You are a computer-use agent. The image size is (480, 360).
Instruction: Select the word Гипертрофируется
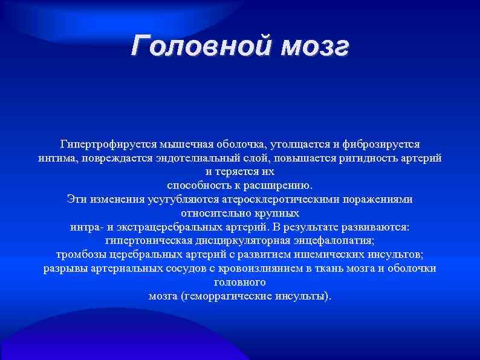tap(108, 145)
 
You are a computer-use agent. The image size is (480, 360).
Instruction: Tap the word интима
tap(54, 158)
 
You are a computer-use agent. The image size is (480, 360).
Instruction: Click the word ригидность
tap(368, 158)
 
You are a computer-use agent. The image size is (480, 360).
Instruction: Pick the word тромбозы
tap(79, 254)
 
